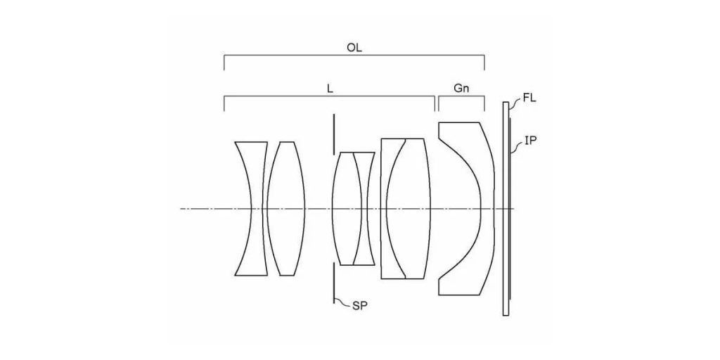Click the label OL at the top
pyautogui.click(x=354, y=49)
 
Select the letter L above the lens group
pyautogui.click(x=330, y=89)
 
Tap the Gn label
pyautogui.click(x=461, y=89)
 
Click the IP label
pyautogui.click(x=531, y=141)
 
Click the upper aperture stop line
pyautogui.click(x=334, y=133)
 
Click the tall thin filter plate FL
pyautogui.click(x=506, y=208)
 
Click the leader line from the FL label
pyautogui.click(x=515, y=105)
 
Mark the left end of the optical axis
pyautogui.click(x=181, y=209)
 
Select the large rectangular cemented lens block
pyautogui.click(x=405, y=208)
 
